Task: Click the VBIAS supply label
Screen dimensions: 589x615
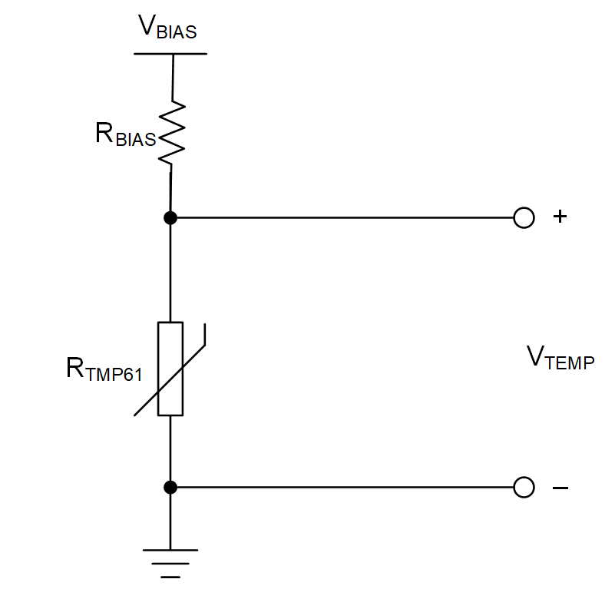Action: coord(167,28)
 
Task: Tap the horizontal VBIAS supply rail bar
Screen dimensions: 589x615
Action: coord(170,54)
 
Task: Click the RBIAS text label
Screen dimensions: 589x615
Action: coord(125,134)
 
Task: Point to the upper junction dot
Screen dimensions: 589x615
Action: coord(170,218)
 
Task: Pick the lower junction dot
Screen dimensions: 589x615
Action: coord(170,487)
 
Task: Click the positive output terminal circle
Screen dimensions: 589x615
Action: coord(523,218)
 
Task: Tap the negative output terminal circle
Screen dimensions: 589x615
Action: coord(523,487)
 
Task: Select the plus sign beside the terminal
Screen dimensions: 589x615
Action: coord(560,217)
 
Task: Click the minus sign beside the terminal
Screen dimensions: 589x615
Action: coord(560,488)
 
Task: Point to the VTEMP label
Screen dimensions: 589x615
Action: coord(560,358)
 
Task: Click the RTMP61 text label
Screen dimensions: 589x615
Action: coord(104,370)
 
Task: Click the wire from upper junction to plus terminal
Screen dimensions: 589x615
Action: coord(346,218)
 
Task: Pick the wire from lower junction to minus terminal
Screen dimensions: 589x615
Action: coord(346,487)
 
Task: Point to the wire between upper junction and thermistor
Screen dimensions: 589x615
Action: coord(170,269)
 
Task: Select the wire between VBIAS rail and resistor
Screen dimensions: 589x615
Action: coord(172,77)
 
